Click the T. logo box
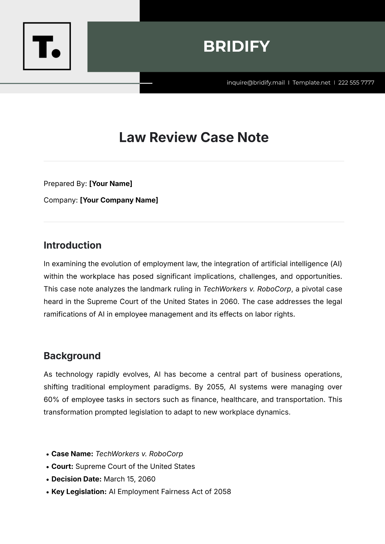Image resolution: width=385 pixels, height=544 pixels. click(47, 46)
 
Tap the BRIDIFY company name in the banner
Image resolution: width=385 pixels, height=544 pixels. click(236, 47)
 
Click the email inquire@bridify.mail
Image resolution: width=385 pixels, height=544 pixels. click(256, 82)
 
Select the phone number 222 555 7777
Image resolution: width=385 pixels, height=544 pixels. click(356, 82)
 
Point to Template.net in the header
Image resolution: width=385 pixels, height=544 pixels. click(311, 82)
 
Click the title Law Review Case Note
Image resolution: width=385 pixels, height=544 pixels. click(194, 137)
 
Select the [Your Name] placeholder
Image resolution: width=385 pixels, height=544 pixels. click(111, 183)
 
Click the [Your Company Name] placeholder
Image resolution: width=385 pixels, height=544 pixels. click(119, 200)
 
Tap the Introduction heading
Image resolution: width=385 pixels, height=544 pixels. click(73, 245)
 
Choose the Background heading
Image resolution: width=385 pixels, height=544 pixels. click(72, 356)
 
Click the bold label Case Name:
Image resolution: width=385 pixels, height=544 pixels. click(72, 454)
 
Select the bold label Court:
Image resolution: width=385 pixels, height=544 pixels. click(62, 466)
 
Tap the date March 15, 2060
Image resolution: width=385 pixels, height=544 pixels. click(130, 479)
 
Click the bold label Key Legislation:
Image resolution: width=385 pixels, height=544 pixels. click(79, 491)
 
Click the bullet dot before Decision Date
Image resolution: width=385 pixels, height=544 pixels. click(47, 480)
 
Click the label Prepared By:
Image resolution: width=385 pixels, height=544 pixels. click(65, 183)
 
